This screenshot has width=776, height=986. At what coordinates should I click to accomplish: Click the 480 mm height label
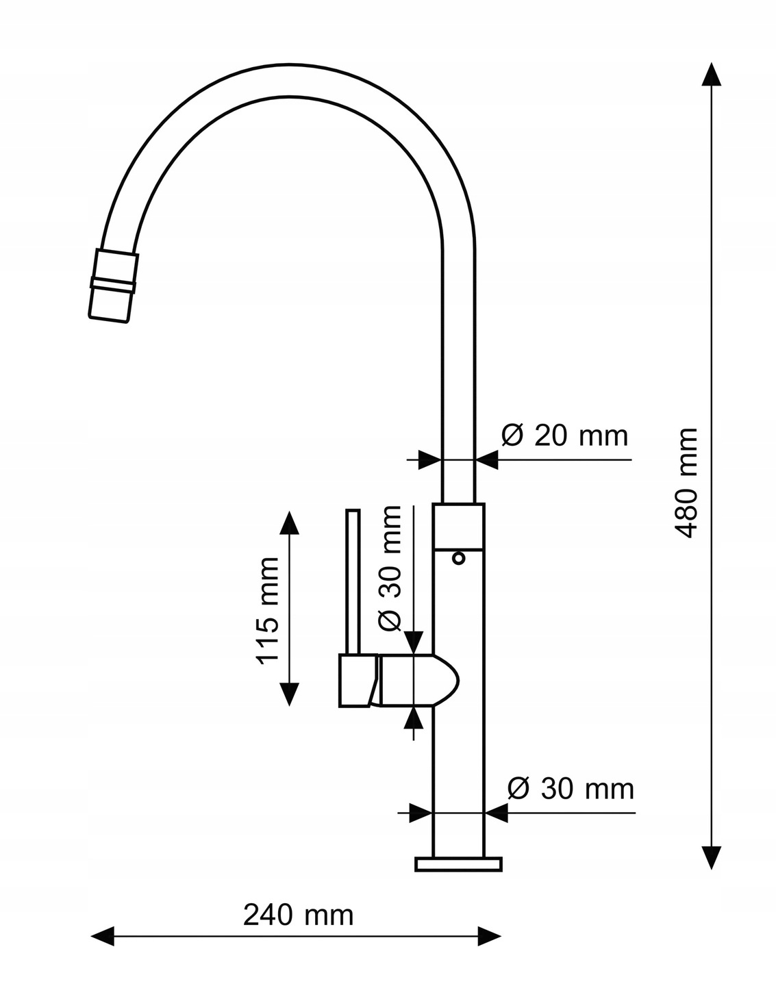pyautogui.click(x=685, y=483)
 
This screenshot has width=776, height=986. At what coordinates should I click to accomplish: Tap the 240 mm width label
pyautogui.click(x=299, y=914)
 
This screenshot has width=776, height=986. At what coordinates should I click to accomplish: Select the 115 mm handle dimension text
pyautogui.click(x=268, y=610)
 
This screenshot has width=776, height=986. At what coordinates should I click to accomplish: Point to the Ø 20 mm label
pyautogui.click(x=564, y=435)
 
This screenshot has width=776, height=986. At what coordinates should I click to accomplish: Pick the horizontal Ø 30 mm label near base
pyautogui.click(x=570, y=789)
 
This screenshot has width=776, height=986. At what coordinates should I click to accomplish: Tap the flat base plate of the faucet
pyautogui.click(x=459, y=864)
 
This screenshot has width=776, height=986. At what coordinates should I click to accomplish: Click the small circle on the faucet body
pyautogui.click(x=459, y=559)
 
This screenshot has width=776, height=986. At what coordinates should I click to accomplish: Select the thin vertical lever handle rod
pyautogui.click(x=353, y=582)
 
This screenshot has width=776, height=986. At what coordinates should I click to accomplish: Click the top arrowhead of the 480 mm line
pyautogui.click(x=712, y=74)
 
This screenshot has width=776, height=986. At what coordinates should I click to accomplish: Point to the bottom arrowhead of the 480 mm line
pyautogui.click(x=712, y=857)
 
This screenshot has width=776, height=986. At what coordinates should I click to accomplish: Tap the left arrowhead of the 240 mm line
pyautogui.click(x=103, y=935)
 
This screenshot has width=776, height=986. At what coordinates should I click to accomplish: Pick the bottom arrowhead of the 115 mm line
pyautogui.click(x=290, y=694)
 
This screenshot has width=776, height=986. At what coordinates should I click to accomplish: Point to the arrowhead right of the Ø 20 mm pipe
pyautogui.click(x=487, y=459)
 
